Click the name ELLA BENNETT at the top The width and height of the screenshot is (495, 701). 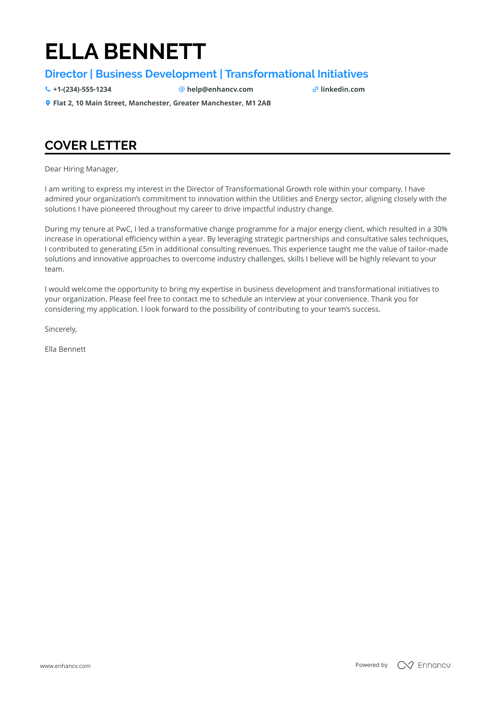coord(125,52)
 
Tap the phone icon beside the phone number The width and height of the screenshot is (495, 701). coord(48,89)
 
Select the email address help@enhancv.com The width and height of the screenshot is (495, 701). coord(220,89)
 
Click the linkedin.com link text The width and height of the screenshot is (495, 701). coord(343,89)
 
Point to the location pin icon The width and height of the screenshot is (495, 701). coord(48,103)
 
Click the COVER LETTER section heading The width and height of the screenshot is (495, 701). coord(91,145)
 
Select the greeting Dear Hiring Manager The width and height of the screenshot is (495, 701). coord(81,169)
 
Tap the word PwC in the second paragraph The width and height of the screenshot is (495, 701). coord(123,229)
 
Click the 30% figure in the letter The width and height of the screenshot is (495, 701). coord(440,229)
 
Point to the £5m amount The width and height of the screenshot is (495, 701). coord(144,249)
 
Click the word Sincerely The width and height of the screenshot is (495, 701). coord(60,329)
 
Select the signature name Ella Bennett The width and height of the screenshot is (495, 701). coord(65,349)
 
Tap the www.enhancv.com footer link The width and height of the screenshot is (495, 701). coord(65,666)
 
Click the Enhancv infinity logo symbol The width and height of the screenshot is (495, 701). coord(405,665)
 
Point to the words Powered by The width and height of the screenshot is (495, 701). coord(371,665)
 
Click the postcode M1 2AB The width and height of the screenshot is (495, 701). coord(258,103)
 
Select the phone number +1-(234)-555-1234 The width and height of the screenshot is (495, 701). coord(82,89)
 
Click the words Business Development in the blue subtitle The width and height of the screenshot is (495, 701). coord(156,74)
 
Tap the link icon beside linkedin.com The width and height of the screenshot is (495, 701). coord(315,89)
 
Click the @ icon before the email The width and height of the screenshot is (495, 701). coord(181,89)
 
